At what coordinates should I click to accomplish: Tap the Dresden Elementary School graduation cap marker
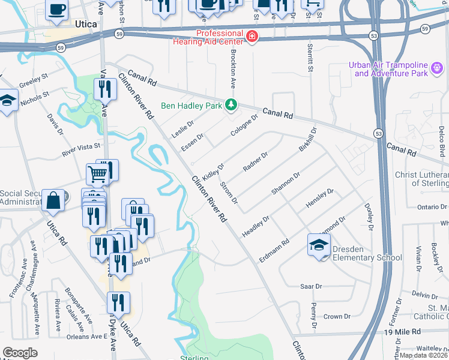[319, 244]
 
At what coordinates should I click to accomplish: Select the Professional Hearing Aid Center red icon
[253, 37]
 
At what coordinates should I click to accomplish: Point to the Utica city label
[87, 24]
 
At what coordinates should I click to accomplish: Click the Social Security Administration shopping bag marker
[53, 200]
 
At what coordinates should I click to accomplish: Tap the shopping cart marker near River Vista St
[97, 174]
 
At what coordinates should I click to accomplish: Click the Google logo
[20, 353]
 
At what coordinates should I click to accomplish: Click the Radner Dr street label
[255, 161]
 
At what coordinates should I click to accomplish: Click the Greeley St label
[34, 80]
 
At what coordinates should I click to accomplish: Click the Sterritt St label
[310, 59]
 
